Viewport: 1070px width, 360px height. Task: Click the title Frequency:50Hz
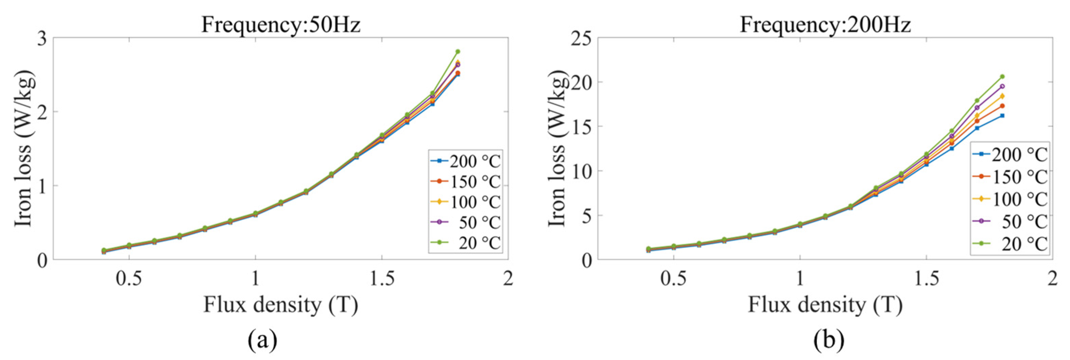click(281, 25)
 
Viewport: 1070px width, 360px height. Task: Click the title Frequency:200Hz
click(825, 25)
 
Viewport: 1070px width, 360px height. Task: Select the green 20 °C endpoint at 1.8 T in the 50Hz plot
click(458, 52)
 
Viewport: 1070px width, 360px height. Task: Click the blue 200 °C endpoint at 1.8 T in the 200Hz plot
click(1002, 115)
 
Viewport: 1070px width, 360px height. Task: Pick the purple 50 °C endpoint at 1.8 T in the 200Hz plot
click(1002, 86)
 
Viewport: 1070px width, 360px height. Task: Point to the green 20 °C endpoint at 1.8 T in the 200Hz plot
click(1002, 76)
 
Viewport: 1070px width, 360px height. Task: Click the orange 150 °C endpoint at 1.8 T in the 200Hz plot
click(1002, 106)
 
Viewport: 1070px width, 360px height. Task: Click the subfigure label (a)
click(262, 341)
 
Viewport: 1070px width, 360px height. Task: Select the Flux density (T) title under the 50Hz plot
click(280, 306)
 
